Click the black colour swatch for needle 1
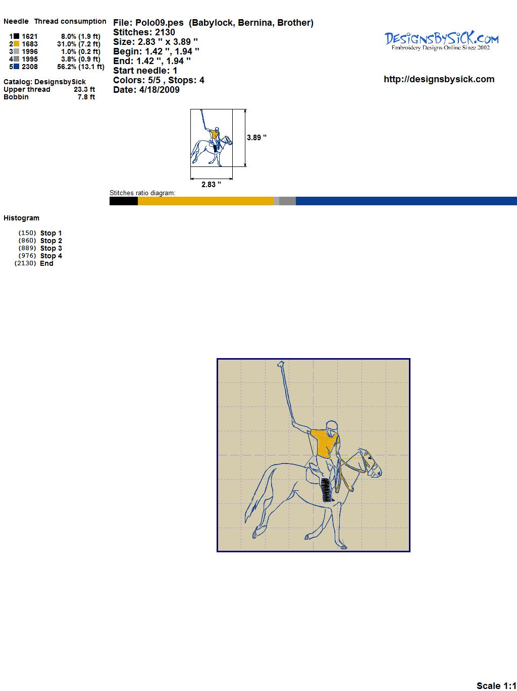tap(16, 36)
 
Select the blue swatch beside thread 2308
tap(16, 67)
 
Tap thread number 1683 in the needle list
tap(30, 44)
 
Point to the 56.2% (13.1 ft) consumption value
tap(81, 67)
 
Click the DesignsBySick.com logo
tap(441, 41)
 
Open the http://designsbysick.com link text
tap(439, 79)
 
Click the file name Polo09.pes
tap(160, 23)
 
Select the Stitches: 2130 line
tap(144, 32)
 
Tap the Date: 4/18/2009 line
tap(146, 90)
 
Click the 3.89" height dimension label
tap(256, 138)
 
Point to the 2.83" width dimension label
tap(211, 185)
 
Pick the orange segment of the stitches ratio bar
tap(205, 201)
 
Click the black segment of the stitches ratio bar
tap(124, 201)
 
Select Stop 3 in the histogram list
tap(51, 248)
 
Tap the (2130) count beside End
tap(25, 263)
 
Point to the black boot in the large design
tap(326, 490)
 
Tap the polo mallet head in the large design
tap(281, 364)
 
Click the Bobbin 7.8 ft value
tap(86, 97)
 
